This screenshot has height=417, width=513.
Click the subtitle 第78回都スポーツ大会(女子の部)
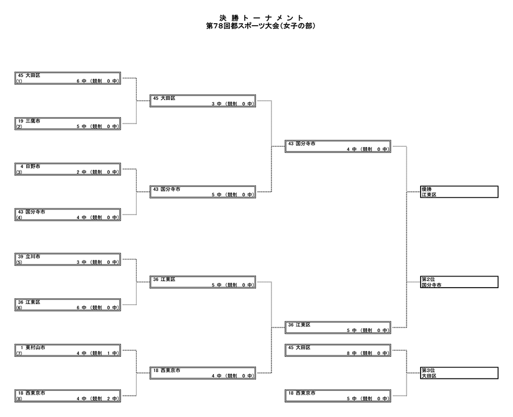[261, 26]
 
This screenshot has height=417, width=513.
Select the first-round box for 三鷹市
[68, 124]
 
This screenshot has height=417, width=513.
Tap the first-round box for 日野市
[68, 169]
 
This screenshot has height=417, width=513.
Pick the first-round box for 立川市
[68, 259]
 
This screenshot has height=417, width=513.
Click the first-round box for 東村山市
[68, 350]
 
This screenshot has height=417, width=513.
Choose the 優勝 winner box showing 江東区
[459, 192]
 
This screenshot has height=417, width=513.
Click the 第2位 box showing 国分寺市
[459, 282]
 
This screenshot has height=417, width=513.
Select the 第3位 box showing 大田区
[459, 373]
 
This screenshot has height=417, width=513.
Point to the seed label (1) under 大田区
[19, 81]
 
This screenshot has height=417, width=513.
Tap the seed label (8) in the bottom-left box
[19, 399]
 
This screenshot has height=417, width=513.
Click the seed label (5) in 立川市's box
[19, 262]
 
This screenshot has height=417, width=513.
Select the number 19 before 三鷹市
[21, 121]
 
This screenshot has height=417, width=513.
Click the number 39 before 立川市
[21, 257]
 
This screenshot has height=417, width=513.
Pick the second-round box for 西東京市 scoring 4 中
[203, 373]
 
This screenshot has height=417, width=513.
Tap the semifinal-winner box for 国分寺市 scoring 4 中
[338, 146]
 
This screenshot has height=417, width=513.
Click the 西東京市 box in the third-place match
[338, 396]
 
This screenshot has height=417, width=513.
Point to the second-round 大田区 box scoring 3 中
[203, 101]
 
